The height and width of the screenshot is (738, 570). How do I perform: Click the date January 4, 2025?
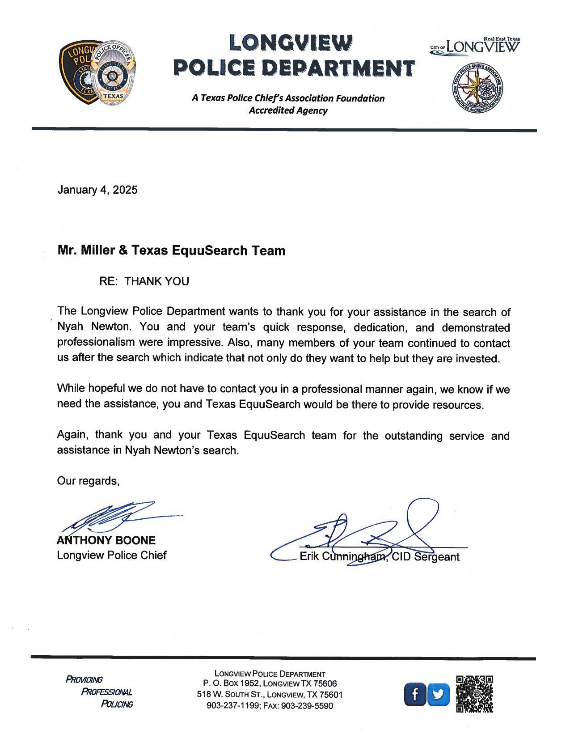(x=97, y=190)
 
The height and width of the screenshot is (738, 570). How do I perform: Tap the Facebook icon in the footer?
(x=415, y=695)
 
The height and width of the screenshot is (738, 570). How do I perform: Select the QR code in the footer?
(x=474, y=694)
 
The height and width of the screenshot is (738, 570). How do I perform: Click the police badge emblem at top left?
(x=97, y=73)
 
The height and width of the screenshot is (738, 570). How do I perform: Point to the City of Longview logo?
(x=475, y=46)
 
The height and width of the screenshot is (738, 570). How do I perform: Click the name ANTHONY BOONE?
(x=106, y=540)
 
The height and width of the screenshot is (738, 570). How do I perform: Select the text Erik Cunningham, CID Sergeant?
(x=379, y=557)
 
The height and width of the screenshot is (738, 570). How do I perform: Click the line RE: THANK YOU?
(x=144, y=281)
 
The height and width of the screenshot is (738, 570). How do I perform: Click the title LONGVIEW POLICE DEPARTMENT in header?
(x=293, y=55)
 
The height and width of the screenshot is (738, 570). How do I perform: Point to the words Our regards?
(x=88, y=481)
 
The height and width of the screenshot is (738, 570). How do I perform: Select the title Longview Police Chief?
(x=111, y=555)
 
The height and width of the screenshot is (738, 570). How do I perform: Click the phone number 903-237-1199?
(x=233, y=706)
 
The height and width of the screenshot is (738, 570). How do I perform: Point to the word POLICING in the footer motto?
(x=117, y=704)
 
